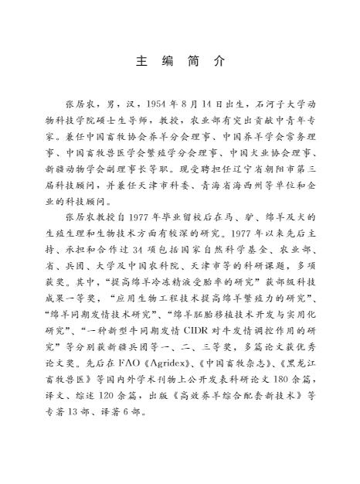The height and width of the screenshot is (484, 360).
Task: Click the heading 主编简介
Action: point(180,60)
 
